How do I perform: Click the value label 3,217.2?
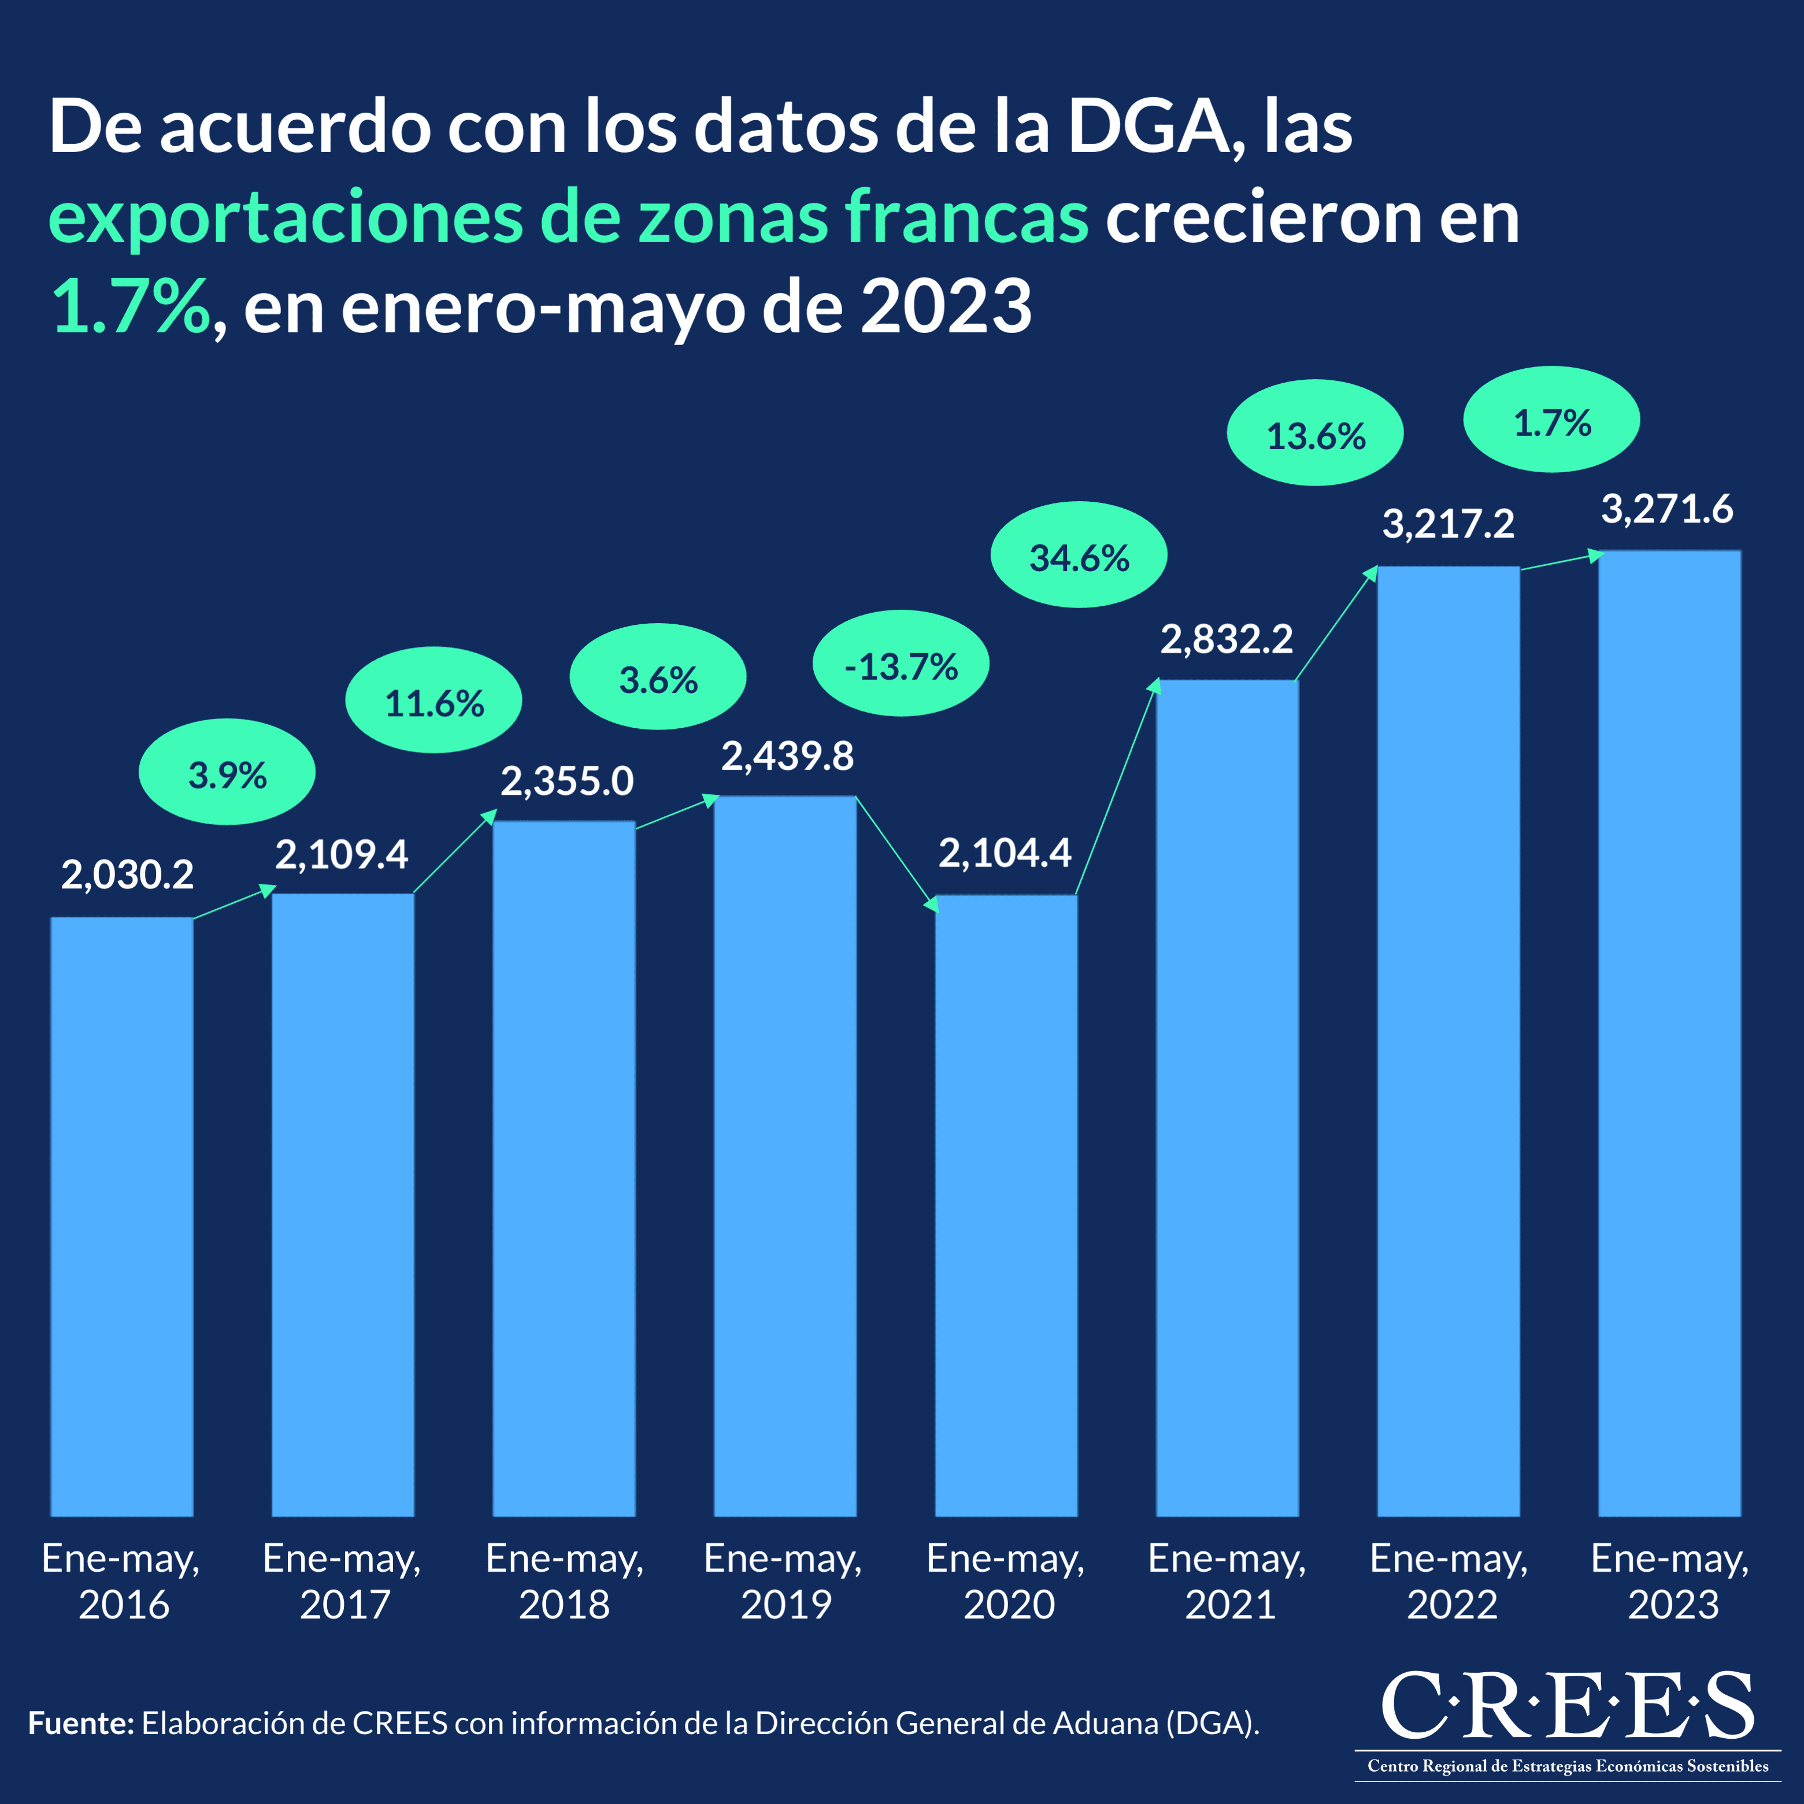tap(1449, 524)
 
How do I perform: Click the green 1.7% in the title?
tap(131, 306)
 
